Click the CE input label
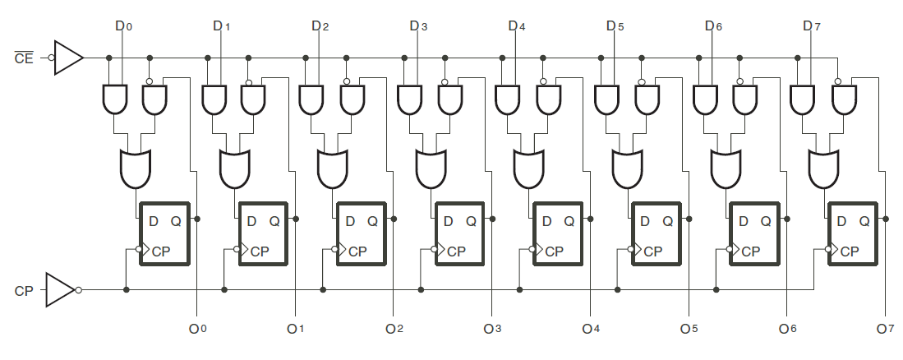coord(23,58)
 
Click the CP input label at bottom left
coord(23,291)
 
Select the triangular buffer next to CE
coord(68,58)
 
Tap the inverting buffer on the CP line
coord(61,290)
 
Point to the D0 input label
coord(123,26)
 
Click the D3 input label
coord(418,26)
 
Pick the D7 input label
coord(811,26)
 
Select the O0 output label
coord(197,329)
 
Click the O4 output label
coord(591,329)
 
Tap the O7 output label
coord(885,329)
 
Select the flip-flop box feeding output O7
coord(855,233)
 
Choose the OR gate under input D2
coord(331,168)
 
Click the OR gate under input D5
coord(627,168)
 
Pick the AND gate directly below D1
coord(214,100)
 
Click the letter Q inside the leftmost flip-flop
coord(176,220)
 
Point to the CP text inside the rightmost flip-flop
coord(849,251)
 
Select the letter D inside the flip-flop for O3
coord(448,220)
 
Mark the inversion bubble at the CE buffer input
coord(51,58)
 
